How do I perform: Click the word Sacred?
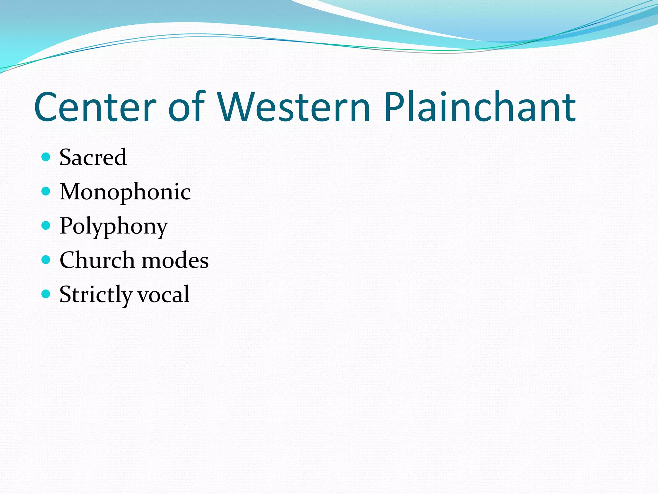coord(93,157)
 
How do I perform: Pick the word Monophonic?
coord(125,192)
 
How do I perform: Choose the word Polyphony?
coord(114,226)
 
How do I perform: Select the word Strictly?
coord(95,295)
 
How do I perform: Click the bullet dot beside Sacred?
coord(46,157)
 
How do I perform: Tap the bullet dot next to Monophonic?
coord(46,191)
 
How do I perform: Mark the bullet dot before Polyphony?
coord(46,225)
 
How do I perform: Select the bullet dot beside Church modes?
coord(46,260)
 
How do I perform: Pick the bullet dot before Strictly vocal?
coord(46,294)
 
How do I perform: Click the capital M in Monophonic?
coord(71,192)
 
